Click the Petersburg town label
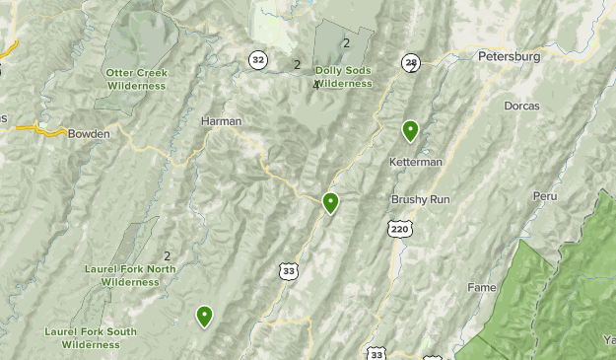click(x=509, y=57)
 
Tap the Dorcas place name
click(x=519, y=106)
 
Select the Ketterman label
click(x=415, y=161)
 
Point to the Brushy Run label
click(x=420, y=199)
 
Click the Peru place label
click(x=545, y=196)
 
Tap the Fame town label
click(x=482, y=288)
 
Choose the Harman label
click(x=221, y=121)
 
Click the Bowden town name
click(x=89, y=133)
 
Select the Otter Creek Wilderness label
click(x=138, y=79)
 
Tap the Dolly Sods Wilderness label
click(x=344, y=77)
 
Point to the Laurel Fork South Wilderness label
click(x=91, y=338)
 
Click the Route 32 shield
click(x=258, y=59)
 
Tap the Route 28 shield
click(x=410, y=63)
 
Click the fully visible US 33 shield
click(x=288, y=270)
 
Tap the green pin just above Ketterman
click(x=410, y=130)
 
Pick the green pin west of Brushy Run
click(x=331, y=203)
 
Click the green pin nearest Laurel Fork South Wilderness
click(x=204, y=316)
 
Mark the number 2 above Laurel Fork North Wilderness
click(x=168, y=256)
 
